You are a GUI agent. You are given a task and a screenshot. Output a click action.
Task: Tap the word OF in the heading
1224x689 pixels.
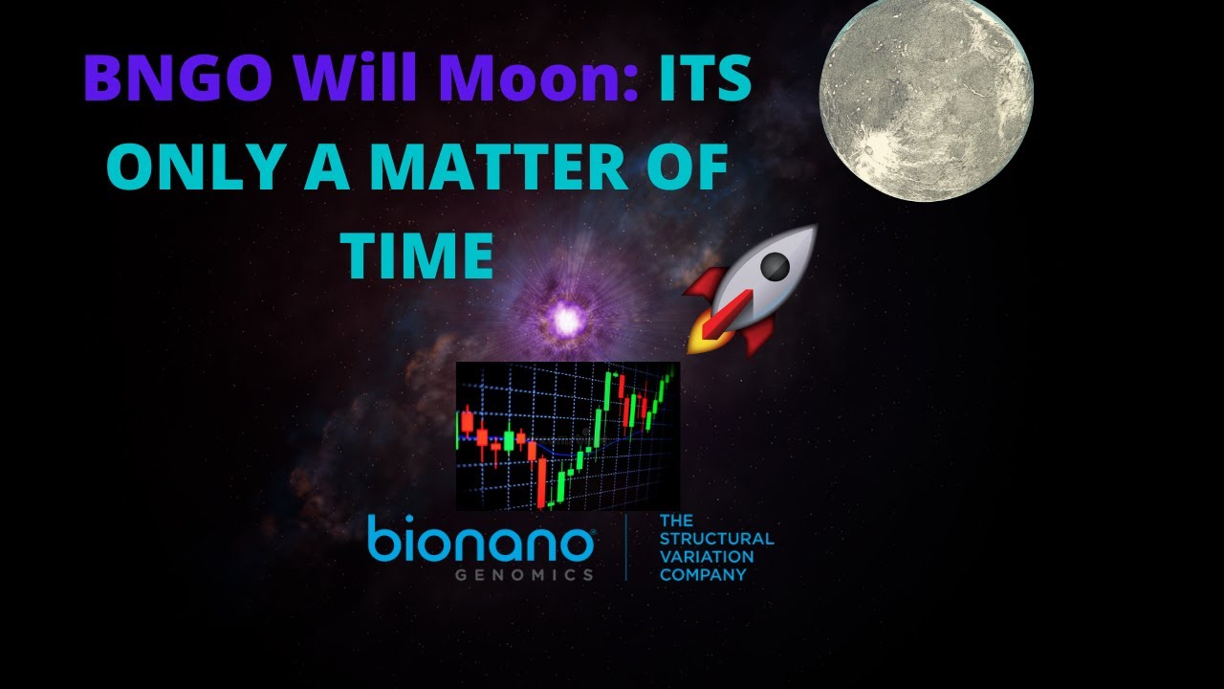(688, 169)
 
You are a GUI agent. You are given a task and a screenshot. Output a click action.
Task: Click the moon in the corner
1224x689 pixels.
(926, 100)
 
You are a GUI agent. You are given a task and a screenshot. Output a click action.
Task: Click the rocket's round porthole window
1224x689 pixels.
(776, 265)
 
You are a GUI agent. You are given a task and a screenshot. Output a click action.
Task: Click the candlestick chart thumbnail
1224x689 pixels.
(567, 435)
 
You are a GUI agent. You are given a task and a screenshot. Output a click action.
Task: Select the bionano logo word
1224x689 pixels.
(481, 543)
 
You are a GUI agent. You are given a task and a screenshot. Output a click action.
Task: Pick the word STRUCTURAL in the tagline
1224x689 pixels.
(716, 539)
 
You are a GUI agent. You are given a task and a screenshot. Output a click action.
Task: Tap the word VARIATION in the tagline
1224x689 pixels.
(707, 556)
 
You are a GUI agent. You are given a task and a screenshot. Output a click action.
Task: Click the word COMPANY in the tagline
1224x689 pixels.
(703, 574)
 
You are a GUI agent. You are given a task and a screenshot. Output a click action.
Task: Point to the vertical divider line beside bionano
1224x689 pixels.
(626, 547)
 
